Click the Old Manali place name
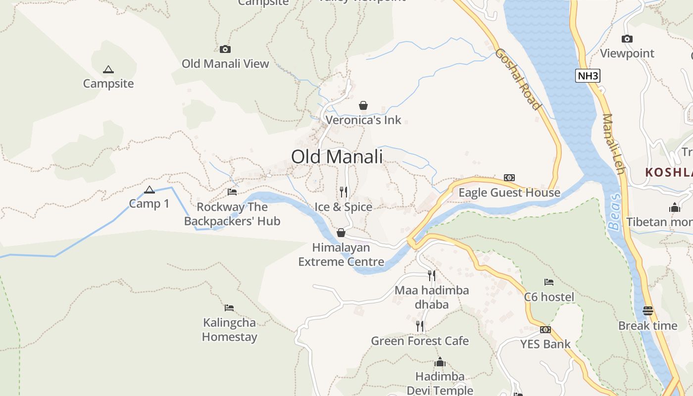click(x=337, y=157)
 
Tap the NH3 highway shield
click(x=588, y=76)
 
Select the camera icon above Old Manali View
click(x=225, y=49)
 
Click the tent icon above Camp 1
click(x=149, y=190)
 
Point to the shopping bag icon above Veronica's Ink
click(x=363, y=105)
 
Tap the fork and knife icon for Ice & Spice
click(x=343, y=192)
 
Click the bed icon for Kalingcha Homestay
click(x=229, y=308)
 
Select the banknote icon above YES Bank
click(x=545, y=330)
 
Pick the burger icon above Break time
click(x=648, y=311)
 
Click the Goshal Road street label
click(x=517, y=79)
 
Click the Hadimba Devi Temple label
click(x=440, y=383)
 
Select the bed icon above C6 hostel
click(x=548, y=282)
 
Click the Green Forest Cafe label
click(x=420, y=341)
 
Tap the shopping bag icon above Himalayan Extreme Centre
click(x=341, y=233)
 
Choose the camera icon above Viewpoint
click(x=627, y=39)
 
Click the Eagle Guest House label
click(x=509, y=193)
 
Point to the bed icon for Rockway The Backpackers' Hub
click(x=232, y=192)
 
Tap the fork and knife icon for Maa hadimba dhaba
click(x=432, y=275)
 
